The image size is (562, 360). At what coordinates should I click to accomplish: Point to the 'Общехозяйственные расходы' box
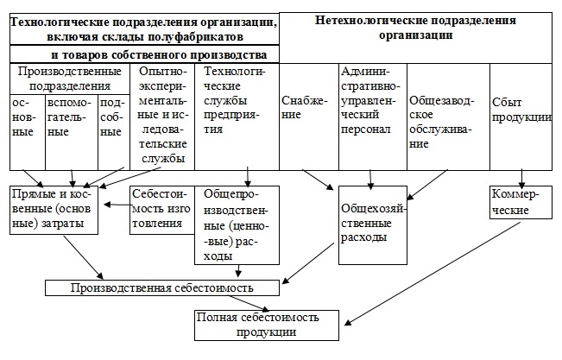[x=371, y=222]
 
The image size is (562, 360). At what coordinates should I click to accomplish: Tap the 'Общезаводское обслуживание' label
[x=439, y=122]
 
